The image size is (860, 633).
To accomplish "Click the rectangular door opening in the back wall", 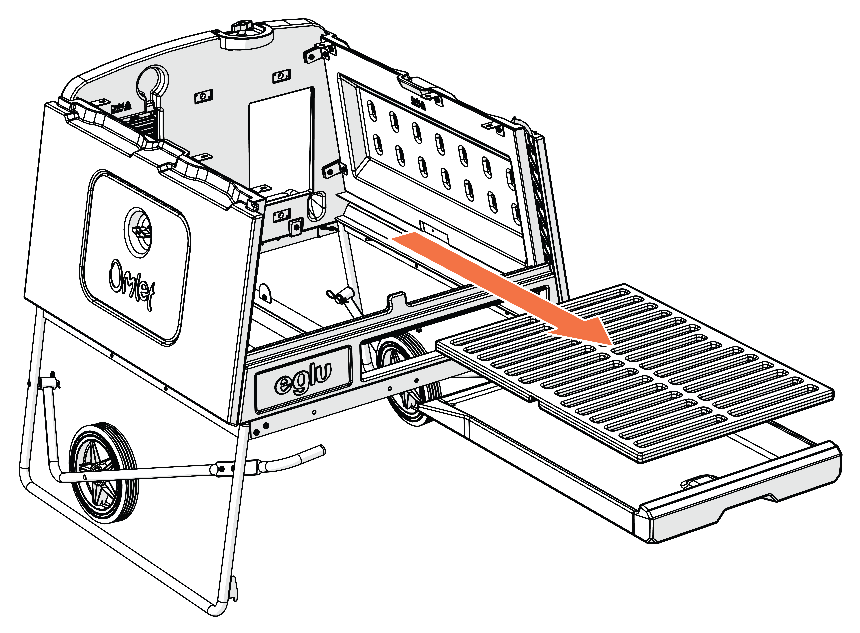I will (280, 138).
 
